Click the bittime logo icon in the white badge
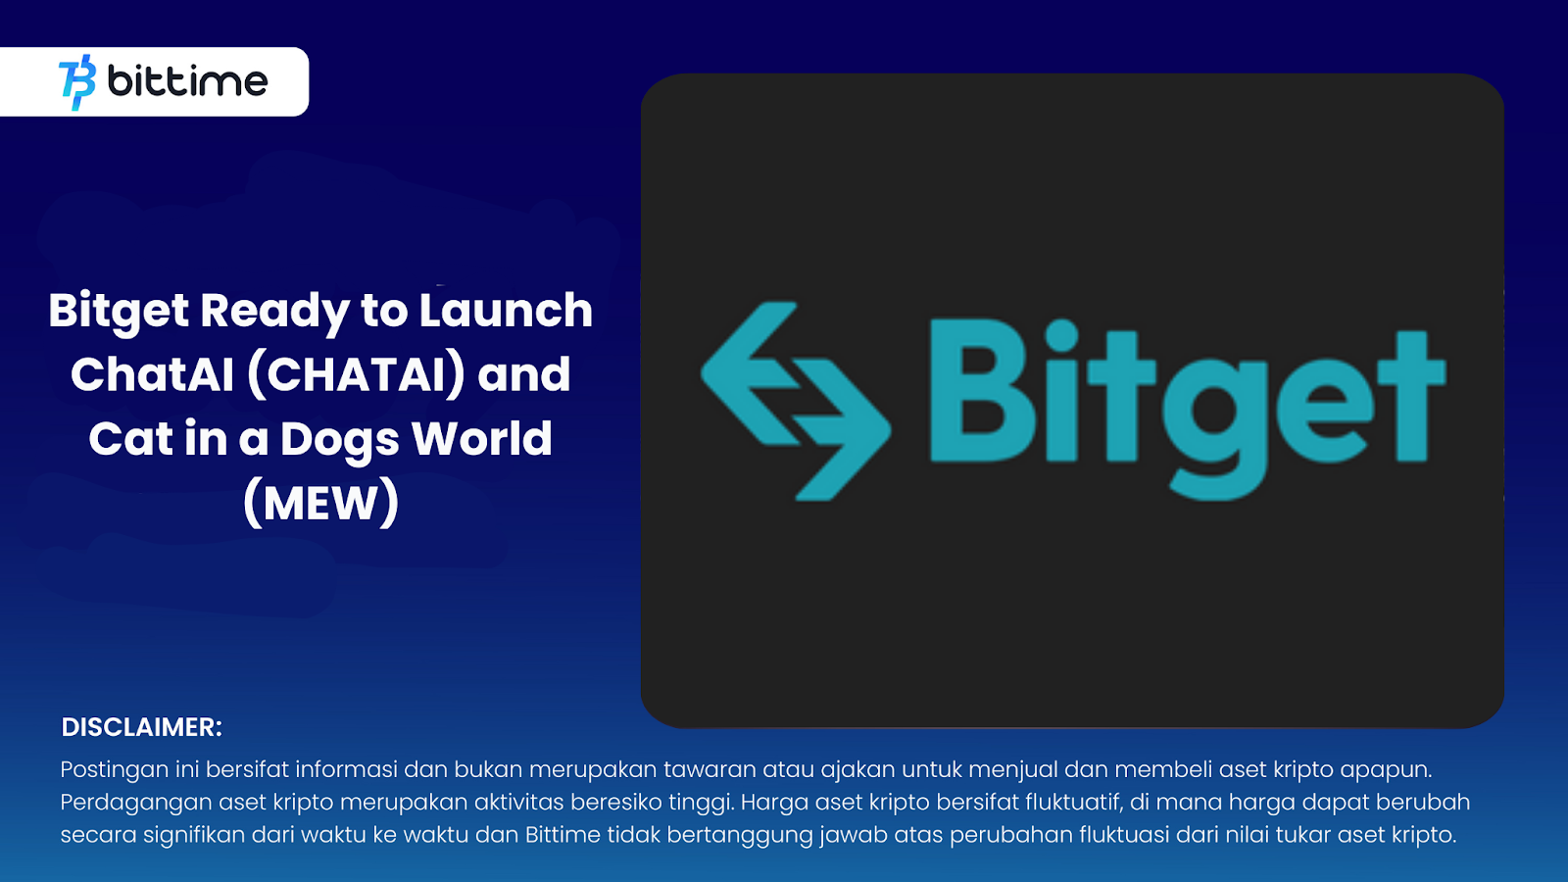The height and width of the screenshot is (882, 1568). coord(77,82)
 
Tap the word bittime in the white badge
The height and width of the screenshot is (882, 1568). coord(187,81)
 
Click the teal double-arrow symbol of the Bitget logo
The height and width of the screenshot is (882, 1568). coord(795,401)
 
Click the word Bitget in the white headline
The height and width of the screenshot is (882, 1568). coord(119,312)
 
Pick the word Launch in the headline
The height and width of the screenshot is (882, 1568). coord(506,311)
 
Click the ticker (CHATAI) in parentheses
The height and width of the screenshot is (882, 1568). coord(356,375)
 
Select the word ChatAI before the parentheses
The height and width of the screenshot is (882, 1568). coord(152,375)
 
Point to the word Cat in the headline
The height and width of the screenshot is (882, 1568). coord(130,439)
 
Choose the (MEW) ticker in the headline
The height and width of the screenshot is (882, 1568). coord(320,504)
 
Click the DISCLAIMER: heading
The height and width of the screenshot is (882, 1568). coord(142,727)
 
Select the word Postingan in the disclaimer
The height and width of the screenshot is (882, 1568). coord(115,770)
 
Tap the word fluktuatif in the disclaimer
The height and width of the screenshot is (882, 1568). coord(1073,803)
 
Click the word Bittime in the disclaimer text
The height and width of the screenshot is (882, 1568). coord(563,835)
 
